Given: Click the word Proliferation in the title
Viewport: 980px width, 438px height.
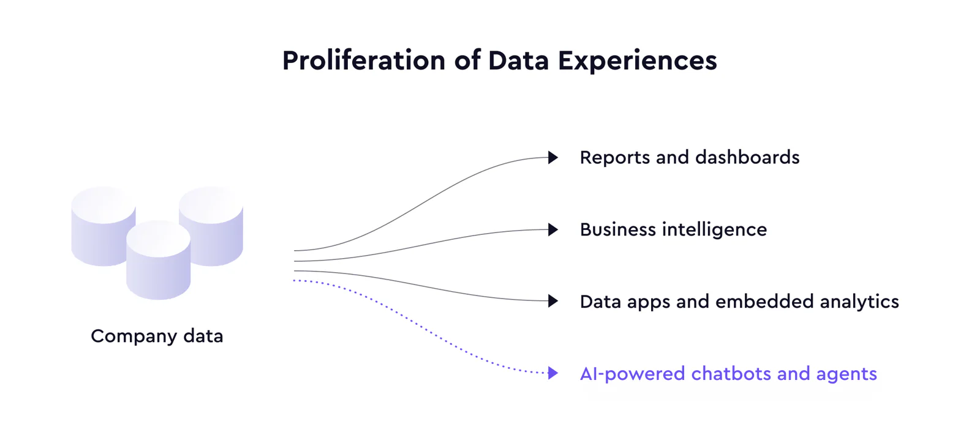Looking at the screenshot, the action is click(364, 61).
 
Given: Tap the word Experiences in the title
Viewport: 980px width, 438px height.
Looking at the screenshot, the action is click(638, 61).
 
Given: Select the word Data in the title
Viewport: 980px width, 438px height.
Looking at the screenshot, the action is click(518, 61).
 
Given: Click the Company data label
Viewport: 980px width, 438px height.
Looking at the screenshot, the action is click(157, 336).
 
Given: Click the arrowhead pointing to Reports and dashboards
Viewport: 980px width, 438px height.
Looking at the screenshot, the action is click(553, 157).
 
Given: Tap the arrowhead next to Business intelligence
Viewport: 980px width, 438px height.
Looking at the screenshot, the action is click(553, 229).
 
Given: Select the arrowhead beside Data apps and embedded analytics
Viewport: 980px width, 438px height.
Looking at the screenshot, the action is click(553, 301).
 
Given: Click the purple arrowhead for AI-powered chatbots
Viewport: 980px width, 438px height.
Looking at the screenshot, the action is click(553, 373).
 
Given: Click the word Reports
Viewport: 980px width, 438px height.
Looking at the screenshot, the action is click(615, 158).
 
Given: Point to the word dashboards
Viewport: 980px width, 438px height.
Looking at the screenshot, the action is click(747, 157).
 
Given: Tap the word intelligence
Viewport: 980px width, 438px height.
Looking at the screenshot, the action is click(714, 230).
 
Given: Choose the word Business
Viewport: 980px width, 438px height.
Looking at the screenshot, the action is click(618, 229).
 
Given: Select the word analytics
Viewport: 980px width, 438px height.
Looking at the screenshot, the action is click(859, 302).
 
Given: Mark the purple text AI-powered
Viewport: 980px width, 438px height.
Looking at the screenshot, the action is click(633, 374).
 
